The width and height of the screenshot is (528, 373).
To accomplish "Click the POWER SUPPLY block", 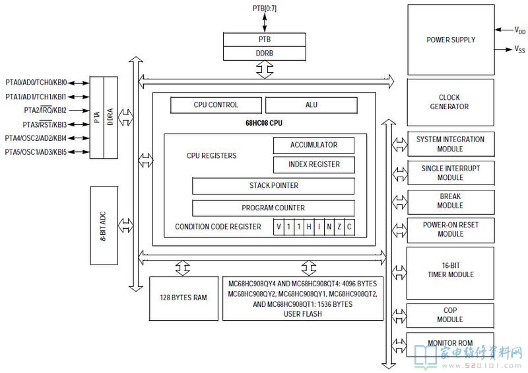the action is [x=451, y=40].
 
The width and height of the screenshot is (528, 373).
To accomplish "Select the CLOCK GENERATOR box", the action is [x=451, y=103].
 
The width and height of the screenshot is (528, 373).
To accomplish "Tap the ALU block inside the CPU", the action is [x=312, y=105].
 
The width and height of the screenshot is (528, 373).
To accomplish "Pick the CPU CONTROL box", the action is [x=216, y=105].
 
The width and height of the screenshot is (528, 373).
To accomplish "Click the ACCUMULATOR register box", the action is [x=314, y=145].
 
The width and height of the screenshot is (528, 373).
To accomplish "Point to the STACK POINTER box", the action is [x=273, y=186].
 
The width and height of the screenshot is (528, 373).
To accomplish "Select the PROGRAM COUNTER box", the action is [x=273, y=208].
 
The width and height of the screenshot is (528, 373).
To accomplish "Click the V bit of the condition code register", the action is [x=279, y=227].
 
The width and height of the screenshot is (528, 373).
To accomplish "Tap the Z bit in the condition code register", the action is [x=339, y=227].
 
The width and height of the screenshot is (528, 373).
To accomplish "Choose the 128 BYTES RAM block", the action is [x=183, y=298].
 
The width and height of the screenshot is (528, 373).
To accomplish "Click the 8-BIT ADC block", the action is [x=104, y=226].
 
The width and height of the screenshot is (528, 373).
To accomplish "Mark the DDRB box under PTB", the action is [x=265, y=54].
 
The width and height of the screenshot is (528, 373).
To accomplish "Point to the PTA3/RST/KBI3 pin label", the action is [x=44, y=124].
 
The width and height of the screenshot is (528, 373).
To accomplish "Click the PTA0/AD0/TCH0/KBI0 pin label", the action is [x=36, y=83].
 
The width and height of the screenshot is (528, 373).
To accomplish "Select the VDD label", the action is [x=520, y=30].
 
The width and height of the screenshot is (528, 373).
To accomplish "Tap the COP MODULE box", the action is [x=450, y=315].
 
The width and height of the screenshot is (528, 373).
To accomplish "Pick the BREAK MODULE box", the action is [x=451, y=202].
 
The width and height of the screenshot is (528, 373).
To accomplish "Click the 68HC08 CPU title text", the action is [x=264, y=123].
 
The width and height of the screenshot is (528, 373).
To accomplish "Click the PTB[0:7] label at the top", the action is [x=265, y=8].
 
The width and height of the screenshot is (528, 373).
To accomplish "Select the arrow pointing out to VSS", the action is [x=504, y=50].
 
